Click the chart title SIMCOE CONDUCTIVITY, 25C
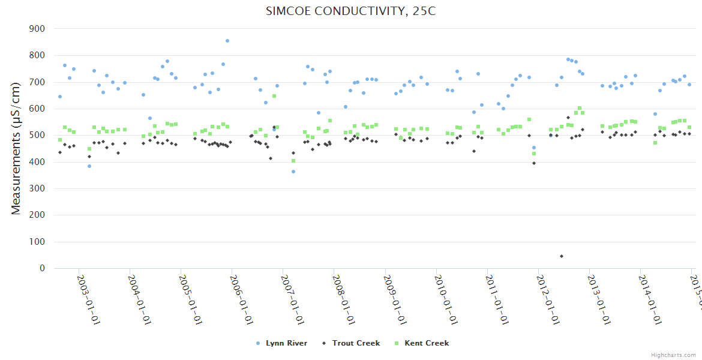point(350,12)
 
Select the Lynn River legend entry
point(282,343)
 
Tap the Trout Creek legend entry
point(352,343)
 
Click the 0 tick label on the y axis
point(42,269)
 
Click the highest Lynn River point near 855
point(227,41)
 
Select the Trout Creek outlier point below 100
point(562,256)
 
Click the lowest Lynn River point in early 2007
point(293,172)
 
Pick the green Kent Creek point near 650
point(274,96)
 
